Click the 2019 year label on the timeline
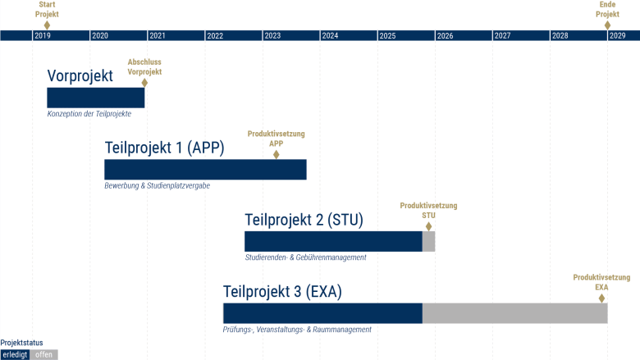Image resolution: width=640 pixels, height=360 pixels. pyautogui.click(x=43, y=36)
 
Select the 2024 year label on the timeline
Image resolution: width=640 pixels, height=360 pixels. pyautogui.click(x=330, y=36)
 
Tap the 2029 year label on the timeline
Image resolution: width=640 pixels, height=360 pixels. pyautogui.click(x=618, y=36)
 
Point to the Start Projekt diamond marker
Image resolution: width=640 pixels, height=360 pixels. pyautogui.click(x=47, y=25)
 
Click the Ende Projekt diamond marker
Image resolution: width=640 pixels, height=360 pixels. pyautogui.click(x=608, y=25)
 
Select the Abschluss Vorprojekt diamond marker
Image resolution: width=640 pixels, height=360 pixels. pyautogui.click(x=144, y=82)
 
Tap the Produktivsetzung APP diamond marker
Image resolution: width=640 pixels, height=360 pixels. pyautogui.click(x=277, y=153)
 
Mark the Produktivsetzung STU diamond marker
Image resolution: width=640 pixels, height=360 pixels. pyautogui.click(x=428, y=226)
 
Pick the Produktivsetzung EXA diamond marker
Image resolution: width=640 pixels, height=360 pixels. pyautogui.click(x=601, y=298)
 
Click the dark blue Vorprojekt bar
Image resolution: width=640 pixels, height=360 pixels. pyautogui.click(x=95, y=98)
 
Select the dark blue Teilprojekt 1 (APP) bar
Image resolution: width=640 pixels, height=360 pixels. pyautogui.click(x=205, y=170)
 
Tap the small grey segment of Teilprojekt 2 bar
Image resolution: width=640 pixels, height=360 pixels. pyautogui.click(x=428, y=242)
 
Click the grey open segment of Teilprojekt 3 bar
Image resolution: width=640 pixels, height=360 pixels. pyautogui.click(x=514, y=313)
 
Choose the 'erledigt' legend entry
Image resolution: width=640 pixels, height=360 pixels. pyautogui.click(x=15, y=354)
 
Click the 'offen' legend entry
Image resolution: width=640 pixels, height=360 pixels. pyautogui.click(x=44, y=354)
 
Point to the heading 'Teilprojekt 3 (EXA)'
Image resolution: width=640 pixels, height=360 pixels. pyautogui.click(x=282, y=292)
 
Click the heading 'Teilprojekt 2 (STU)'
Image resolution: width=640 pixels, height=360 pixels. pyautogui.click(x=304, y=220)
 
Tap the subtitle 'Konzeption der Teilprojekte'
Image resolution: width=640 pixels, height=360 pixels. pyautogui.click(x=89, y=114)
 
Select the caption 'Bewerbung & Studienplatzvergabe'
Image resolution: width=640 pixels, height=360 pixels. pyautogui.click(x=157, y=186)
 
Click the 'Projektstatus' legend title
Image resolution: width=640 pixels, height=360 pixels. pyautogui.click(x=21, y=343)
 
